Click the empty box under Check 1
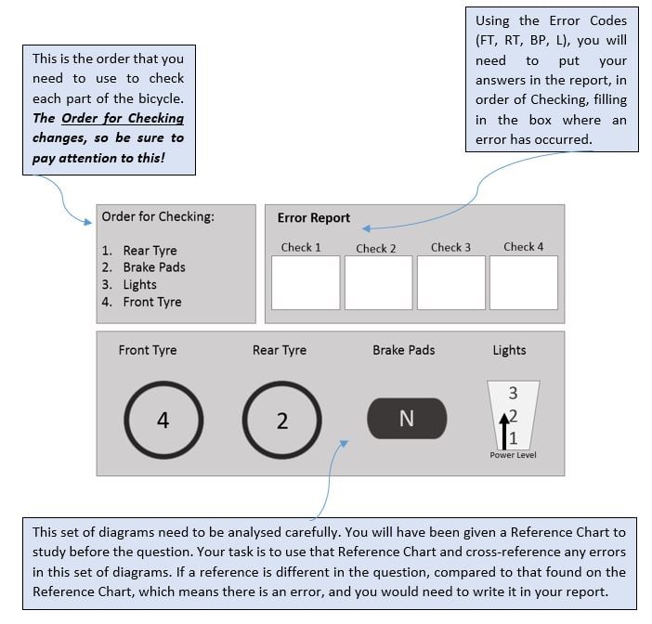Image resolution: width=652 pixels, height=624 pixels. click(x=306, y=282)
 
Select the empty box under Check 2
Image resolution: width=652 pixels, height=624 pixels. click(x=378, y=282)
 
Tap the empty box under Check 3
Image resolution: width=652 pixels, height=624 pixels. click(x=450, y=282)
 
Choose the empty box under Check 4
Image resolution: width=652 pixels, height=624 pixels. click(x=523, y=282)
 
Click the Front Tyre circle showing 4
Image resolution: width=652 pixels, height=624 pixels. click(x=163, y=420)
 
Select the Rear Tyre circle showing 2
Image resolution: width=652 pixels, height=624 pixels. click(x=282, y=420)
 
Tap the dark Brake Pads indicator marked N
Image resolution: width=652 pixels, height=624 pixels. click(x=407, y=419)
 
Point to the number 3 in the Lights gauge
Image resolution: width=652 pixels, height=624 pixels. click(x=513, y=394)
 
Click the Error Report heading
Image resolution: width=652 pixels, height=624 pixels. click(x=314, y=218)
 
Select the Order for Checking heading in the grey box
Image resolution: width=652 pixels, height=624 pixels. click(x=158, y=217)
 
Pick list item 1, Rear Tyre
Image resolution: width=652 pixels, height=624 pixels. click(x=149, y=251)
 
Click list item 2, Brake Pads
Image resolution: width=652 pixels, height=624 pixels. click(x=153, y=267)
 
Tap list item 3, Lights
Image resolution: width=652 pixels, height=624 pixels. click(x=139, y=285)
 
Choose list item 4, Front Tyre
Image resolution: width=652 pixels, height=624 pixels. click(x=151, y=302)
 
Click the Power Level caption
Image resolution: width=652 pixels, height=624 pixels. click(x=513, y=455)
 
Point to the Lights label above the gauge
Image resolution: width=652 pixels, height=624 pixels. click(x=509, y=350)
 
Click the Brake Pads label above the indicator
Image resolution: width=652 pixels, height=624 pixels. click(x=404, y=350)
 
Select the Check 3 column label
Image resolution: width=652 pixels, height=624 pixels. click(x=450, y=247)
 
